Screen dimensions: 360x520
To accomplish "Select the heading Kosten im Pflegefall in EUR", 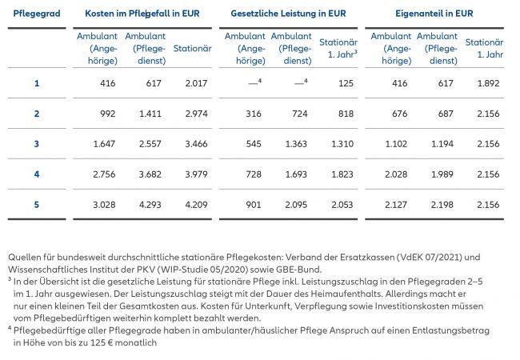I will [x=144, y=14].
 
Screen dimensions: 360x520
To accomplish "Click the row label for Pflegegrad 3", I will [x=36, y=143].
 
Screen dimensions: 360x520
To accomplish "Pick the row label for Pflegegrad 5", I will [x=36, y=204].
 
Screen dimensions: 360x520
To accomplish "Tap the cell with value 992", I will [x=104, y=114].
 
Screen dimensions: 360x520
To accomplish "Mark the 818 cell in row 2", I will [x=345, y=114].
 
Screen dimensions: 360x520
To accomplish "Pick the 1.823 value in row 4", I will [x=341, y=174].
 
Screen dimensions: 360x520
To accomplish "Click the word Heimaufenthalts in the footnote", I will [x=362, y=294].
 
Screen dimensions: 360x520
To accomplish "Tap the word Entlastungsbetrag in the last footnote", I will [x=444, y=330].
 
